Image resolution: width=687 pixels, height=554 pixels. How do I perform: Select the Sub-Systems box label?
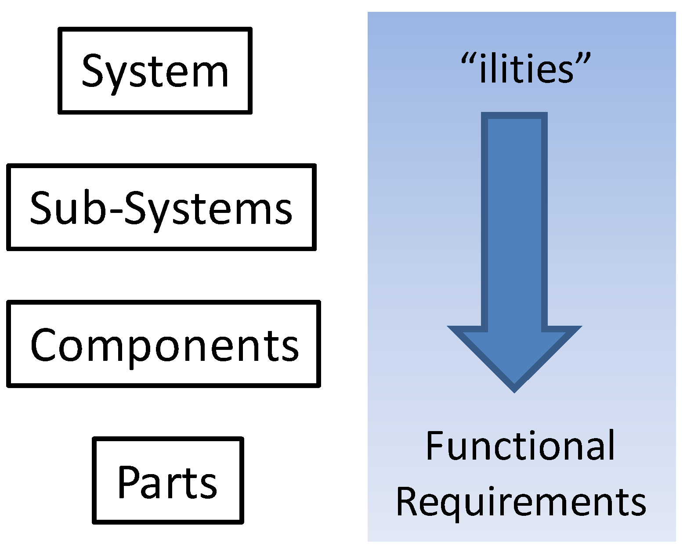pyautogui.click(x=161, y=208)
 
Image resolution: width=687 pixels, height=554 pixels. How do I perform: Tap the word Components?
pyautogui.click(x=164, y=345)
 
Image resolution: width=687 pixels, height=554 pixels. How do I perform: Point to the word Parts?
pyautogui.click(x=167, y=482)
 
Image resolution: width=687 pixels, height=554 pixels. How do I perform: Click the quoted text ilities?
pyautogui.click(x=526, y=68)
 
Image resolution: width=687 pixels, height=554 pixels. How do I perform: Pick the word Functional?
pyautogui.click(x=521, y=446)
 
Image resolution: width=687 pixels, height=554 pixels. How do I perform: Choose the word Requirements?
pyautogui.click(x=521, y=501)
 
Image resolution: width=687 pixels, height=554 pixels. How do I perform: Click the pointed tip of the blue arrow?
pyautogui.click(x=514, y=389)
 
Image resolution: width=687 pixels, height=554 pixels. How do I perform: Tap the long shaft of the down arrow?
pyautogui.click(x=514, y=219)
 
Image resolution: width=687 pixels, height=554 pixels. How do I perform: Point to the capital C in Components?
pyautogui.click(x=45, y=345)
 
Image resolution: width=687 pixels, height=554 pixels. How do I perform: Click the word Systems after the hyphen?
pyautogui.click(x=208, y=209)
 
